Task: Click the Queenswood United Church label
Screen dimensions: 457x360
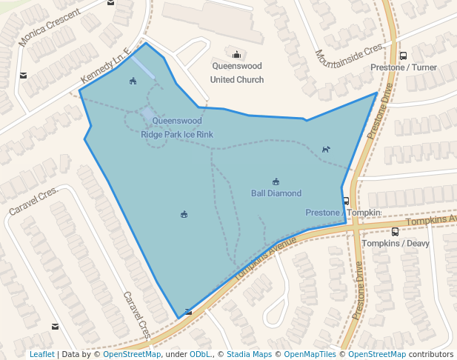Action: point(237,73)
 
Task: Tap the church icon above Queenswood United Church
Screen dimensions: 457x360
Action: point(237,53)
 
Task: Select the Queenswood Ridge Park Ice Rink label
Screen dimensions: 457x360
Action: point(177,127)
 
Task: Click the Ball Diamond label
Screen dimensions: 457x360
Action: point(276,193)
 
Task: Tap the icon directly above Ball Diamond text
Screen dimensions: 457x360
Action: point(276,181)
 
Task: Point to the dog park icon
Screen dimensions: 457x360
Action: point(325,150)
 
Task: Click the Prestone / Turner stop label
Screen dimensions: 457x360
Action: point(403,67)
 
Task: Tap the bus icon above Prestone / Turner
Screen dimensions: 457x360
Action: point(403,56)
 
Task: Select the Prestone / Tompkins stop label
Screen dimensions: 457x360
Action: point(343,213)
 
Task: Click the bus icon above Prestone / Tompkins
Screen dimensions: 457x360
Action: point(346,201)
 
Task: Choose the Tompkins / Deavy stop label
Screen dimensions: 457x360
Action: point(396,243)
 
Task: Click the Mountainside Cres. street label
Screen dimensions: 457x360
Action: point(350,56)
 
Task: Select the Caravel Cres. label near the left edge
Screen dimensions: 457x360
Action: point(33,201)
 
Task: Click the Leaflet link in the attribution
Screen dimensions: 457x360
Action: point(42,354)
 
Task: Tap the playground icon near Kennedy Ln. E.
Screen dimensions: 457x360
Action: point(133,81)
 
